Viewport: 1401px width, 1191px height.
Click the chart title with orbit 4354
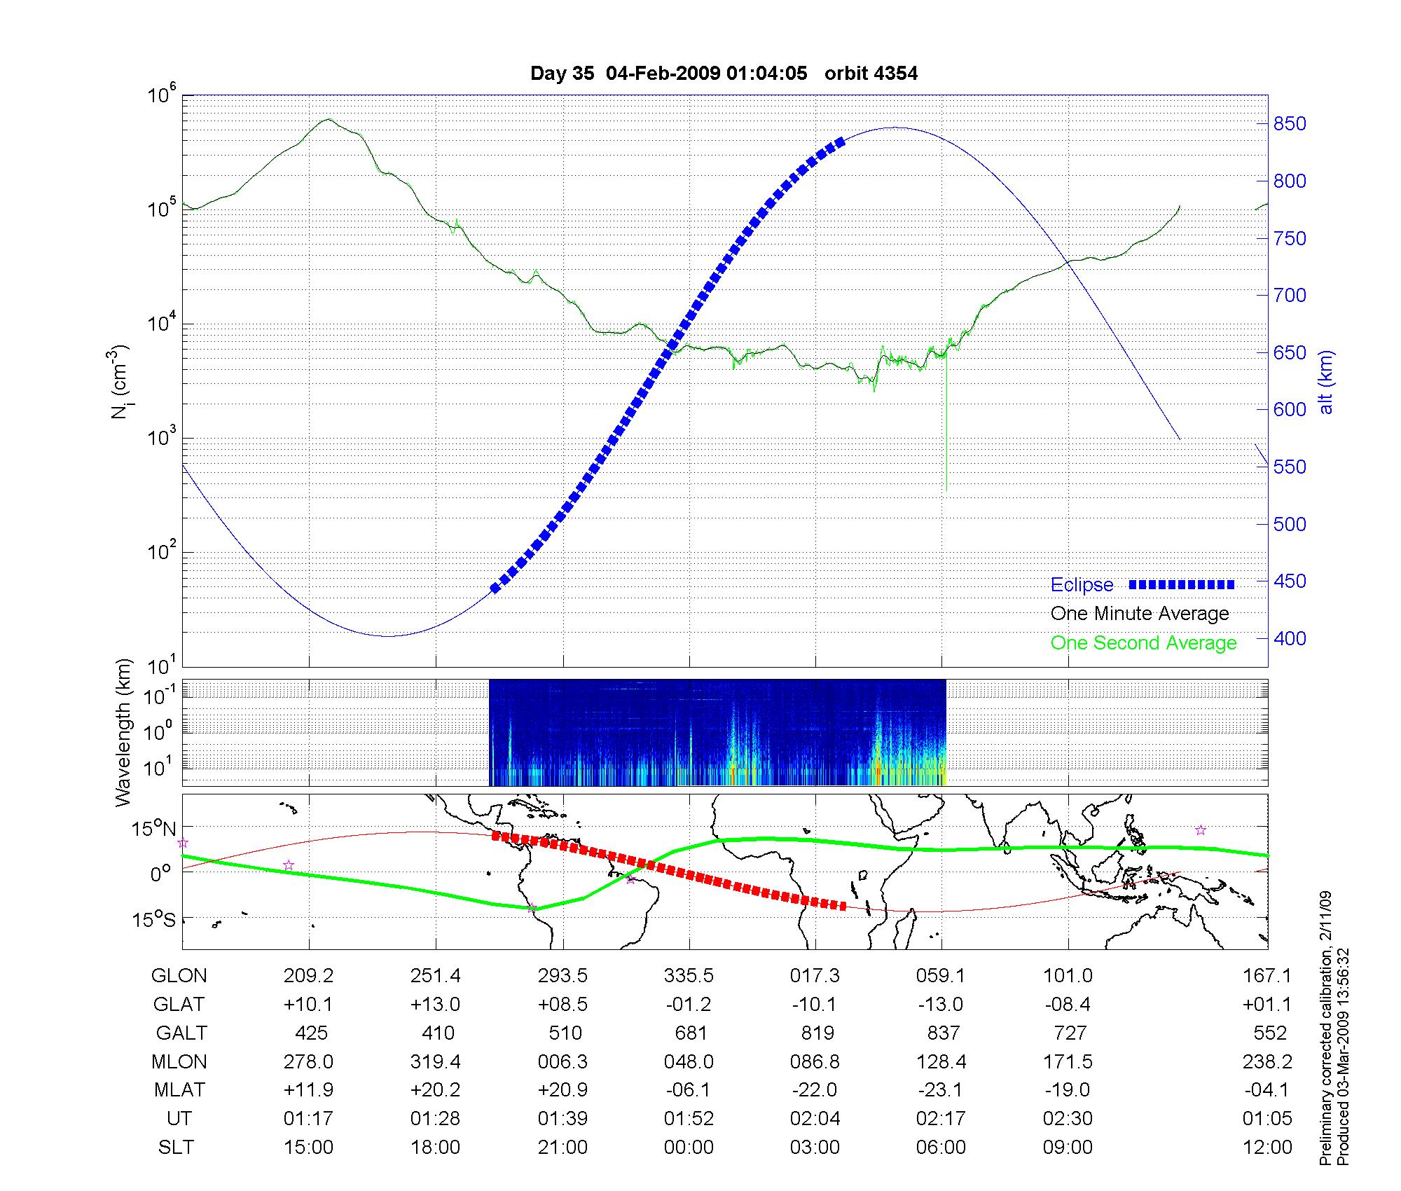[x=724, y=74]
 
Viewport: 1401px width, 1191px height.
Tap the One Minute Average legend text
[x=1140, y=614]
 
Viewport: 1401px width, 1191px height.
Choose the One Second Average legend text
[x=1143, y=643]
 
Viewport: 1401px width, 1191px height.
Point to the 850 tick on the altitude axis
[x=1289, y=124]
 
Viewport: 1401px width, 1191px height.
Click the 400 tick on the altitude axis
[x=1289, y=638]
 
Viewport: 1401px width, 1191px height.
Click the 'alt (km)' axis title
[x=1325, y=382]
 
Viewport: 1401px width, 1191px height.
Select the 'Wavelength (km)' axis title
[x=123, y=732]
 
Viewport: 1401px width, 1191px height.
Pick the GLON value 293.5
[x=563, y=975]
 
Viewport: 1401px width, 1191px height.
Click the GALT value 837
[x=943, y=1033]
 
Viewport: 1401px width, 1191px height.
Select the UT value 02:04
[x=815, y=1118]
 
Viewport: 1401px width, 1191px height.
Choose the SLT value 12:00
[x=1270, y=1147]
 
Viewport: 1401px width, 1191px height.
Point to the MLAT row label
[x=179, y=1090]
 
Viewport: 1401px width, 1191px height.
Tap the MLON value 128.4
[x=941, y=1061]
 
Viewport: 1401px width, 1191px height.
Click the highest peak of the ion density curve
[x=329, y=120]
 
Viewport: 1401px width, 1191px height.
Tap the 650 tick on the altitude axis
[x=1289, y=352]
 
